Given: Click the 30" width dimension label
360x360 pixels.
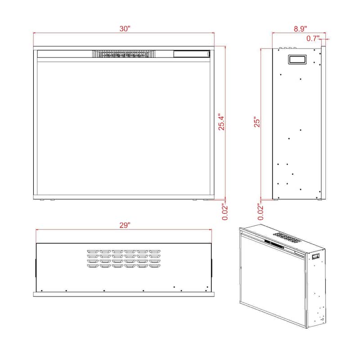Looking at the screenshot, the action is pos(125,29).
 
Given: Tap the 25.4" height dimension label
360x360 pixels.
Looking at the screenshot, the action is pos(221,122).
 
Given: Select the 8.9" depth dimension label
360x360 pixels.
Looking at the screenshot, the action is pos(300,29).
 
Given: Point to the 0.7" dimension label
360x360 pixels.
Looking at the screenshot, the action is pos(313,38).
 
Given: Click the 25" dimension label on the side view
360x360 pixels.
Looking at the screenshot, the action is pos(257,122).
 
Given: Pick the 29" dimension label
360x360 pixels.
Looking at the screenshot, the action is pos(125,225).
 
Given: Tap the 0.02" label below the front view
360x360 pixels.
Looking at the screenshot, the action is pos(225,211).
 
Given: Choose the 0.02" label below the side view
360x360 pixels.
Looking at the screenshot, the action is pos(261,211).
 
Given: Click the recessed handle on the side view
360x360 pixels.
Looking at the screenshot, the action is pos(297,59).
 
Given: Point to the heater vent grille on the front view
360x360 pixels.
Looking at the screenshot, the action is pos(124,54).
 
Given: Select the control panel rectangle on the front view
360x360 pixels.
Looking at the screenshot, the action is pos(192,54).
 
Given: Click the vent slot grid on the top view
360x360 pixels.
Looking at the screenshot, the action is pos(124,259).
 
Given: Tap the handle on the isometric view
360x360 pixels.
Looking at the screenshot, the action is pos(316,256).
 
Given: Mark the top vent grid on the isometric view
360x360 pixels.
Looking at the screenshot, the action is pos(287,238).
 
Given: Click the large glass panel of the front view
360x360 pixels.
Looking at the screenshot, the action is pos(124,128).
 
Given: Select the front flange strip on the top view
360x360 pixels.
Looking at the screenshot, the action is pos(124,294).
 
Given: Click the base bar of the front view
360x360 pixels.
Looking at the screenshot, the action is pos(124,197).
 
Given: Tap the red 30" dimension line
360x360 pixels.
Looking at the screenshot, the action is pos(124,33).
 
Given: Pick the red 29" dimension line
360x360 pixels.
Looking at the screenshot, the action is pos(124,229).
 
